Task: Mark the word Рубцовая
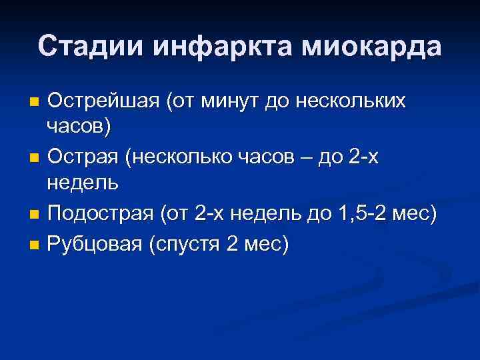[95, 244]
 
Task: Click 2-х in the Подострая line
[213, 215]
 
